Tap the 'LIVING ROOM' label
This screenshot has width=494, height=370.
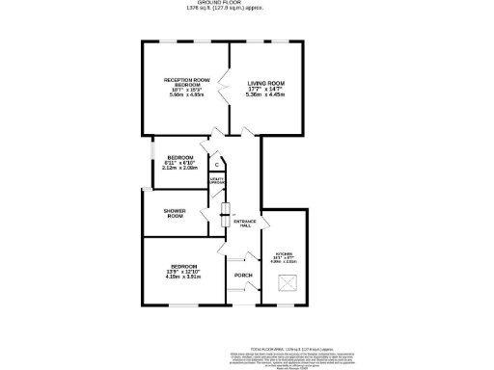pos(264,84)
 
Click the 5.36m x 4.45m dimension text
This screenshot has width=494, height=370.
pos(264,95)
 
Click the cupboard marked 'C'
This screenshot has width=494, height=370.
pos(216,165)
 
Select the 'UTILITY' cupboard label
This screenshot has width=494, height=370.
pos(217,180)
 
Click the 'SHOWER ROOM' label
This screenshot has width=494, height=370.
pos(175,214)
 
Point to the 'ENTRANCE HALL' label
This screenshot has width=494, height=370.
pos(244,223)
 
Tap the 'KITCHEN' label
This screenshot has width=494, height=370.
pos(285,254)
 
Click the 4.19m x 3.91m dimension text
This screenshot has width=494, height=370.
pos(184,277)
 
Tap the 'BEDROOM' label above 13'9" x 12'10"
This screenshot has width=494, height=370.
pos(184,265)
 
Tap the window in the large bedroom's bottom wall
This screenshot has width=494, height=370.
pos(184,305)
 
